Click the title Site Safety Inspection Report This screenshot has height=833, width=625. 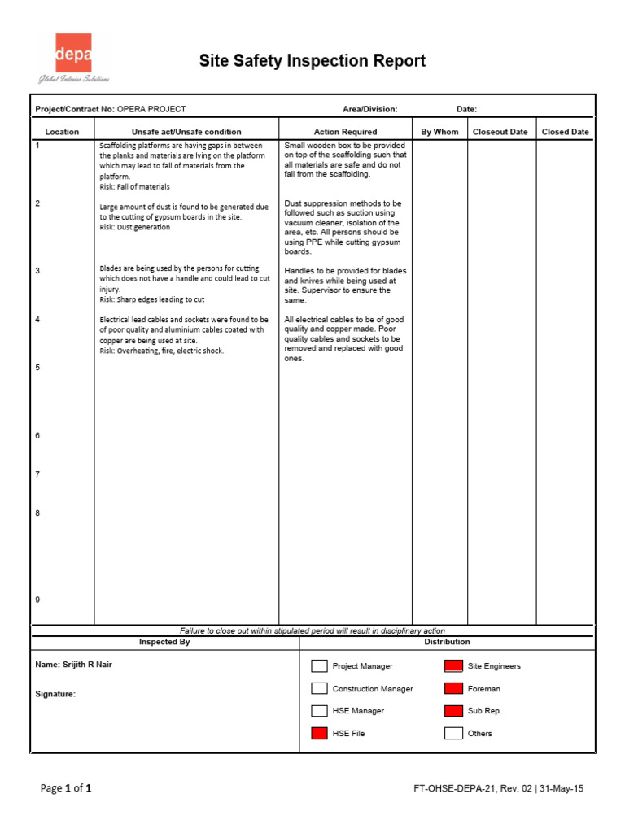[313, 61]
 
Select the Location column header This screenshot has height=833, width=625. [62, 132]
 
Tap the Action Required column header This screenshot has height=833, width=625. [345, 132]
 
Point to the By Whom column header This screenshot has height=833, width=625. [439, 132]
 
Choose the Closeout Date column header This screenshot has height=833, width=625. [500, 132]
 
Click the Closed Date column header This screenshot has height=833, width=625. [566, 132]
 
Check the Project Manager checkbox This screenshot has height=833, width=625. [319, 666]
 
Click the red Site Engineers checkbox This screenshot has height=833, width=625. [453, 666]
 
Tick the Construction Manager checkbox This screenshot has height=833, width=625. [319, 689]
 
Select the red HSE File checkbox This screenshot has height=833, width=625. [319, 734]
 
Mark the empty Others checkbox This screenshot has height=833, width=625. [453, 734]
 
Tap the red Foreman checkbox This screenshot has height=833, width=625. [453, 689]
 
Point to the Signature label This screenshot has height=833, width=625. [55, 695]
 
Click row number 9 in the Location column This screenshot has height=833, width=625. [37, 600]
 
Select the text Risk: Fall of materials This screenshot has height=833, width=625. [134, 187]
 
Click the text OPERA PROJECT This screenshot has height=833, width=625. [151, 109]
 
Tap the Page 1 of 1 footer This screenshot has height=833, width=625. [66, 788]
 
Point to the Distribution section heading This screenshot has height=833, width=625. [447, 642]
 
